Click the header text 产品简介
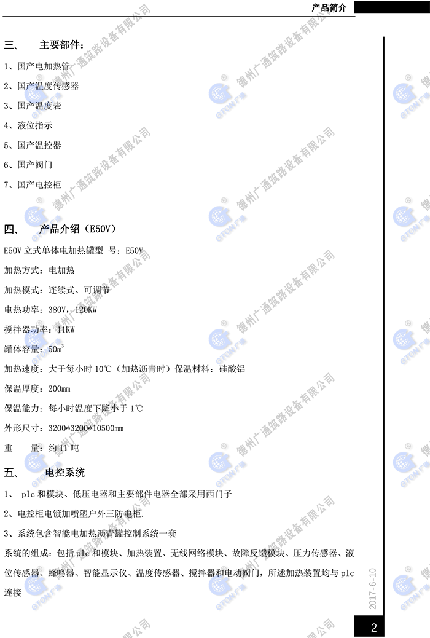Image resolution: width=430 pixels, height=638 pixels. tap(329, 8)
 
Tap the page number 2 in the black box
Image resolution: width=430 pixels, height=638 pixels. tap(374, 628)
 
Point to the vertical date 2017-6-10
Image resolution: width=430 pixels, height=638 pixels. tap(373, 589)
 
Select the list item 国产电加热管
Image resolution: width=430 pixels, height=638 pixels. tap(44, 66)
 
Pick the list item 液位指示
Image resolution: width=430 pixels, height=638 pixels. tap(35, 125)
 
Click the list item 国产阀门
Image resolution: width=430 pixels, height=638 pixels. tap(35, 165)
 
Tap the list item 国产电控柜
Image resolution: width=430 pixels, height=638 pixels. tap(39, 185)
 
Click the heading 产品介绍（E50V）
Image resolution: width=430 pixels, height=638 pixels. tap(77, 229)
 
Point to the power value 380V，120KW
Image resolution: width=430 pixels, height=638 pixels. tap(72, 310)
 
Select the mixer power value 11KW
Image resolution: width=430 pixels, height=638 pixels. tap(66, 329)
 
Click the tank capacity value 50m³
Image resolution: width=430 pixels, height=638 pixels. tap(56, 349)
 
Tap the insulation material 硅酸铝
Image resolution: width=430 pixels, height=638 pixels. tap(232, 369)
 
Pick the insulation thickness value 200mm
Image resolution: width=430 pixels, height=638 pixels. tap(60, 388)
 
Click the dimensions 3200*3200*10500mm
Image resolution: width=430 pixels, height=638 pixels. tap(86, 428)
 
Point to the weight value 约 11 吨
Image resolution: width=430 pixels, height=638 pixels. tap(63, 448)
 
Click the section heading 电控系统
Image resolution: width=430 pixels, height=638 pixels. tap(65, 473)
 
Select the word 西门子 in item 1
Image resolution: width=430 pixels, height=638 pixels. tap(219, 494)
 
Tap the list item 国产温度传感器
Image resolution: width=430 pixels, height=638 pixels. tap(49, 86)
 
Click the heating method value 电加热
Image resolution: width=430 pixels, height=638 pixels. tap(61, 270)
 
